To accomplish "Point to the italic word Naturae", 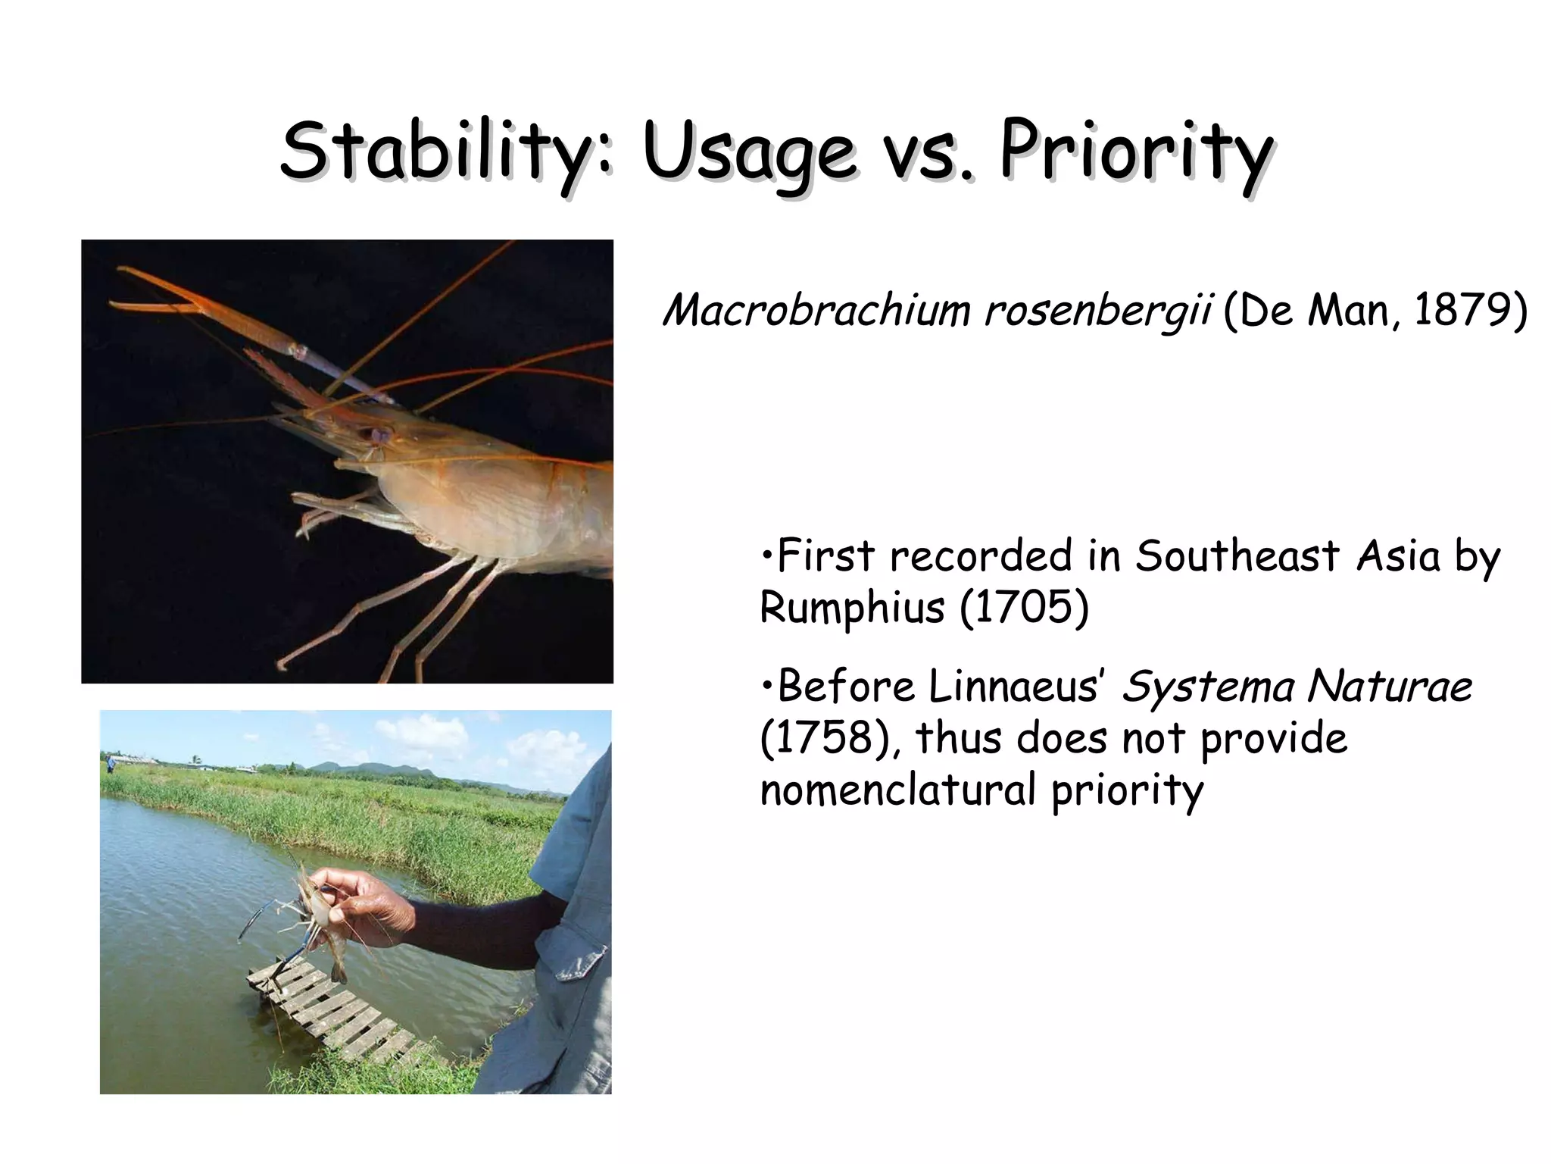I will (x=1389, y=687).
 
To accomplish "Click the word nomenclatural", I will (x=897, y=790).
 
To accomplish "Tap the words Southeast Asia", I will (x=1287, y=556).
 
